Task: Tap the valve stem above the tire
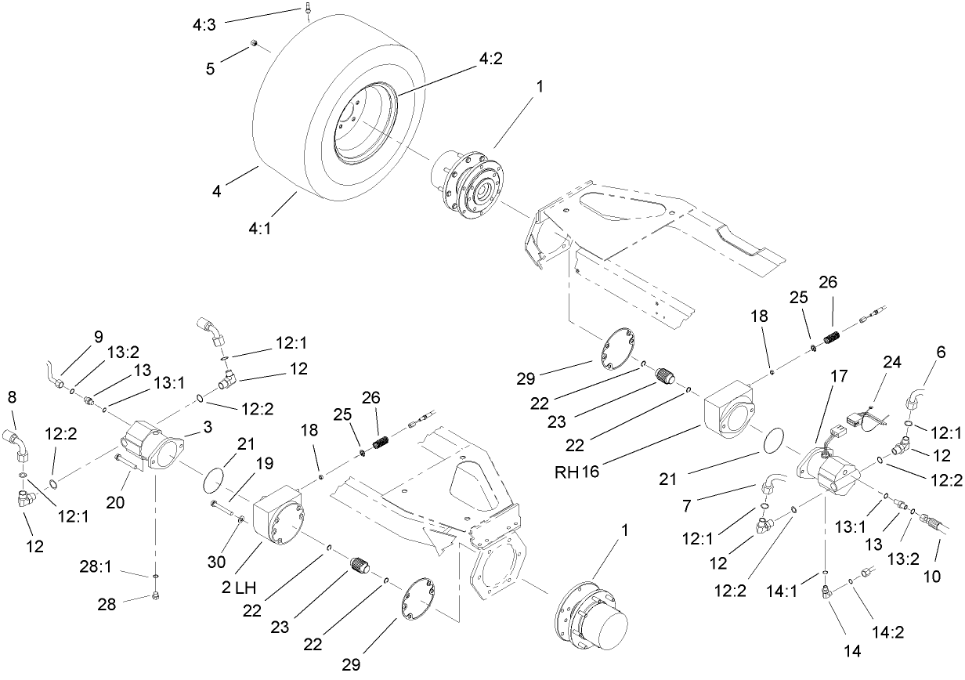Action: [309, 9]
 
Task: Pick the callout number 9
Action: [98, 337]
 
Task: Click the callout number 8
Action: [11, 397]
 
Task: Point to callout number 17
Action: [839, 376]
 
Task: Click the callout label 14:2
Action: [888, 633]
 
